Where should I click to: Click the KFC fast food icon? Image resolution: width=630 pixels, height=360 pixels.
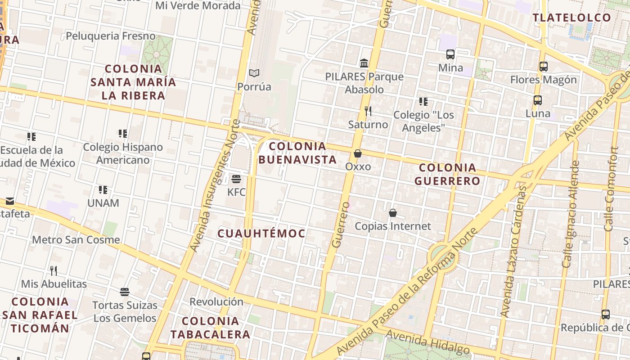pos(236,179)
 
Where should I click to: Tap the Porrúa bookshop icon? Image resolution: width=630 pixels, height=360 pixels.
pos(254,73)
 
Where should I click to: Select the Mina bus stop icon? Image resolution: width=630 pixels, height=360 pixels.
pos(450,54)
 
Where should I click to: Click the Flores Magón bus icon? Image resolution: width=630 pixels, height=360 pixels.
pos(544,67)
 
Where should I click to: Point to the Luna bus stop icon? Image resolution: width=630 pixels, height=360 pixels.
pos(538,100)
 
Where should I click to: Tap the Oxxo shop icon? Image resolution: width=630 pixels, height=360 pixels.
pos(358,154)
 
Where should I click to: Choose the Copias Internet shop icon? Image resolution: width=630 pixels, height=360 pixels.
pos(393,213)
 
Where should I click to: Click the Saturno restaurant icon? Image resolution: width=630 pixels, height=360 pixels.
pos(368,111)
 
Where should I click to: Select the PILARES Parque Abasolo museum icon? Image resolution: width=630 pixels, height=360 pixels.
pos(364,63)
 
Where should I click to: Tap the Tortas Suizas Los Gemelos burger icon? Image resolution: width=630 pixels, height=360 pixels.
pos(125,292)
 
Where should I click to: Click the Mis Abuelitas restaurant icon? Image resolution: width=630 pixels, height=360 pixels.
pos(54,271)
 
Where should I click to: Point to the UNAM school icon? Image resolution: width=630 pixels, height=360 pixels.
pos(103,190)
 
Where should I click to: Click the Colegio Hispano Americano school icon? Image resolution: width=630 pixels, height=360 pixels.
pos(123,134)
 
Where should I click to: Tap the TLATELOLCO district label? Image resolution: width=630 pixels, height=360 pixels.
pos(572,18)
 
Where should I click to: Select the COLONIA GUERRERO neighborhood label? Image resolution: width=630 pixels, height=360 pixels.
pos(447,174)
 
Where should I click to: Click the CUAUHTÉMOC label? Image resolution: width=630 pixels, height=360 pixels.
pos(261,234)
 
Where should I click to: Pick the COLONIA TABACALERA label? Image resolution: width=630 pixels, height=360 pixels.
pos(210,328)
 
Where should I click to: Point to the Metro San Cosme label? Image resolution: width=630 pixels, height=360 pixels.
pos(76,239)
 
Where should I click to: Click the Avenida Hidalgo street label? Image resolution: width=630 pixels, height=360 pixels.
pos(427,342)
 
